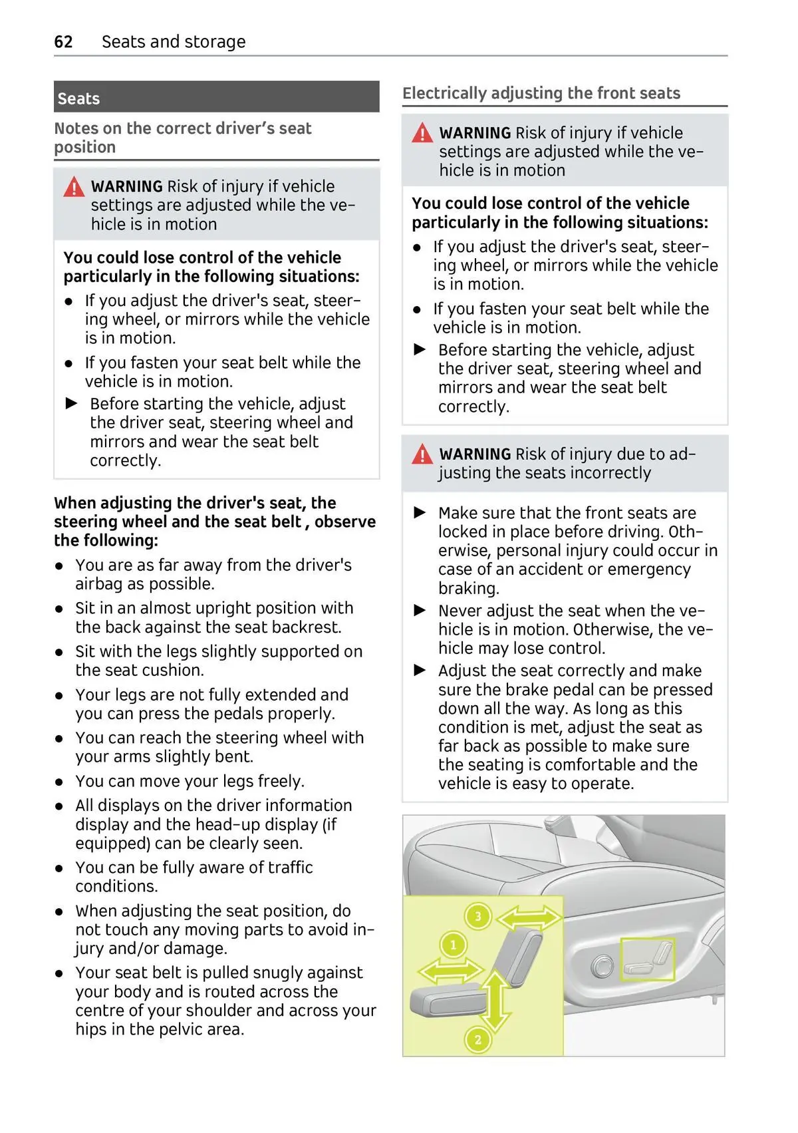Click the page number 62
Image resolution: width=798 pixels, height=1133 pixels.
(63, 42)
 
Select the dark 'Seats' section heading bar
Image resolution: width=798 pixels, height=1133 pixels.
(216, 98)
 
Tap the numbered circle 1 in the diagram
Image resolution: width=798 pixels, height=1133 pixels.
(454, 945)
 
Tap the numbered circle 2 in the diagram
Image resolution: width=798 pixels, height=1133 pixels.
(477, 1039)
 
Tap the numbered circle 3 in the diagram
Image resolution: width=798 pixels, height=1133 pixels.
(477, 917)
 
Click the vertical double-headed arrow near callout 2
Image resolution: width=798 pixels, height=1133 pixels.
(495, 1001)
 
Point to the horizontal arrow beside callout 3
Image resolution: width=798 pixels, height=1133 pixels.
(529, 919)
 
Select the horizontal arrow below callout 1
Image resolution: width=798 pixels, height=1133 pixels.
(451, 971)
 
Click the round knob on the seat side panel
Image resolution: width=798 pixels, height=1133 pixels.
(602, 966)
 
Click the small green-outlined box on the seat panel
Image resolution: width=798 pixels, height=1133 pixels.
(646, 959)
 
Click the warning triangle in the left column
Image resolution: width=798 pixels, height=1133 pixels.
(74, 188)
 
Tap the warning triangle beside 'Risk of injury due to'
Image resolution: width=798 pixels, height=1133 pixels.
(422, 455)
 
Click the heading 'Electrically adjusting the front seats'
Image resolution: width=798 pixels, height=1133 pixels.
(541, 93)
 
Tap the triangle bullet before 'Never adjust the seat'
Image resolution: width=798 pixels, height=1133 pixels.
(420, 610)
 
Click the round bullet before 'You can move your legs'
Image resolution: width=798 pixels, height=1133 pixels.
(60, 782)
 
